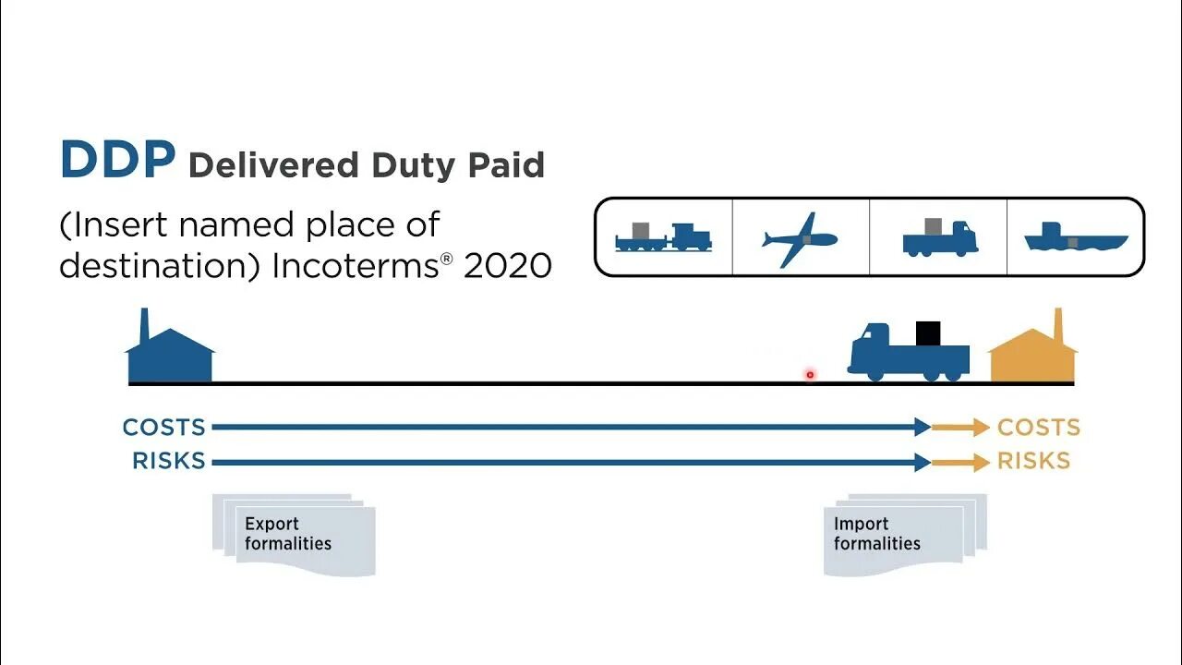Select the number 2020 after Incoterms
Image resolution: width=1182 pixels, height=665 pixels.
[x=508, y=266]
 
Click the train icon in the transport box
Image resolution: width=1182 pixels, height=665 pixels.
[x=663, y=237]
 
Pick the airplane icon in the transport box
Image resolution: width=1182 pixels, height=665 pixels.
[x=799, y=239]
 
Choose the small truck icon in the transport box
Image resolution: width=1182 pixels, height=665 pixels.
[x=939, y=238]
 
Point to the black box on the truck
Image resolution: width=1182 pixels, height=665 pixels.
[x=928, y=332]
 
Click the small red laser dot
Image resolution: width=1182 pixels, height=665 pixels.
[x=810, y=374]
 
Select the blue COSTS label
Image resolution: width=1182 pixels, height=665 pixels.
[x=164, y=428]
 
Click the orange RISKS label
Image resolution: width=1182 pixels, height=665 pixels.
[x=1033, y=461]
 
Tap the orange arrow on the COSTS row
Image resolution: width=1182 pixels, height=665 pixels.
[x=960, y=427]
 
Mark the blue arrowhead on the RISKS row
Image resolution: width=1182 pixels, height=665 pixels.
[x=922, y=462]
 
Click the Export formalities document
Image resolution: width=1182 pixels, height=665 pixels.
[x=294, y=536]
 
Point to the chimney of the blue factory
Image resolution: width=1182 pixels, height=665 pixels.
[x=144, y=325]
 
